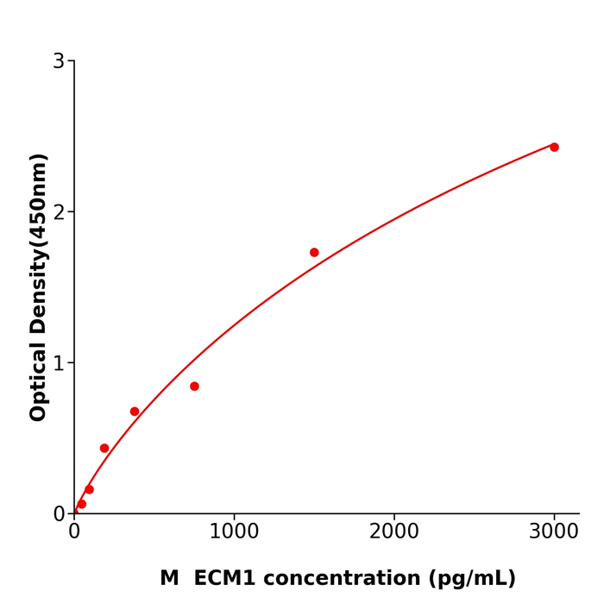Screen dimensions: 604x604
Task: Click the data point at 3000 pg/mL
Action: click(x=554, y=148)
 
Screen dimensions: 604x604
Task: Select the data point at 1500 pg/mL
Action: click(x=314, y=253)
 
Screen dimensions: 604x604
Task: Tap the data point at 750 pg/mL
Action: click(x=194, y=387)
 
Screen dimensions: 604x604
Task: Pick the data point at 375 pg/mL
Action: click(x=135, y=412)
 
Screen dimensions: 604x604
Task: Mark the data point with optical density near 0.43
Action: click(x=104, y=449)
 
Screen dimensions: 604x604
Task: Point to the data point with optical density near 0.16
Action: click(x=89, y=489)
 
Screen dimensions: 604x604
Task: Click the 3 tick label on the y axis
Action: click(x=59, y=61)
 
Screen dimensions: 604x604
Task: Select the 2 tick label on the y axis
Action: click(x=59, y=212)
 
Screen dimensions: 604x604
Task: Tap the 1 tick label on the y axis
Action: click(x=59, y=363)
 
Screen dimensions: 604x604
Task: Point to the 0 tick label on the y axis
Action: click(x=59, y=514)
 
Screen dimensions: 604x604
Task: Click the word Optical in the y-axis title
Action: click(x=39, y=381)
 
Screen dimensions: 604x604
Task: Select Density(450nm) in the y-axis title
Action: click(x=39, y=244)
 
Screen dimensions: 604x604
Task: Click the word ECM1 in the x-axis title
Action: click(x=226, y=579)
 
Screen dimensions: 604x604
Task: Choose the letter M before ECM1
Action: click(x=169, y=579)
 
